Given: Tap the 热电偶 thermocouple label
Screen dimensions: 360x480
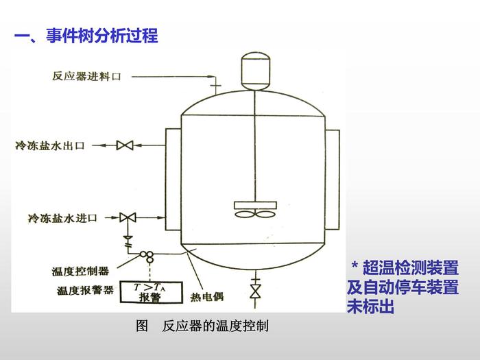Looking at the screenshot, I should point(206,297).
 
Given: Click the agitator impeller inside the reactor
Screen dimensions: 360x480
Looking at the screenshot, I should point(254,210).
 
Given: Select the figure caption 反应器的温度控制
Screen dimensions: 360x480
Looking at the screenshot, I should point(215,326).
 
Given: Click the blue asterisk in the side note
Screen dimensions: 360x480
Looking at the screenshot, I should point(355,267).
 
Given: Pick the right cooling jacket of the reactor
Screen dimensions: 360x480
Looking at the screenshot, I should point(333,180).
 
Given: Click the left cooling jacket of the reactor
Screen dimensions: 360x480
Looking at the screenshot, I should point(171,180).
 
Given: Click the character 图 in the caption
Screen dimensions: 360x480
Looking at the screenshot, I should point(143,326).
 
